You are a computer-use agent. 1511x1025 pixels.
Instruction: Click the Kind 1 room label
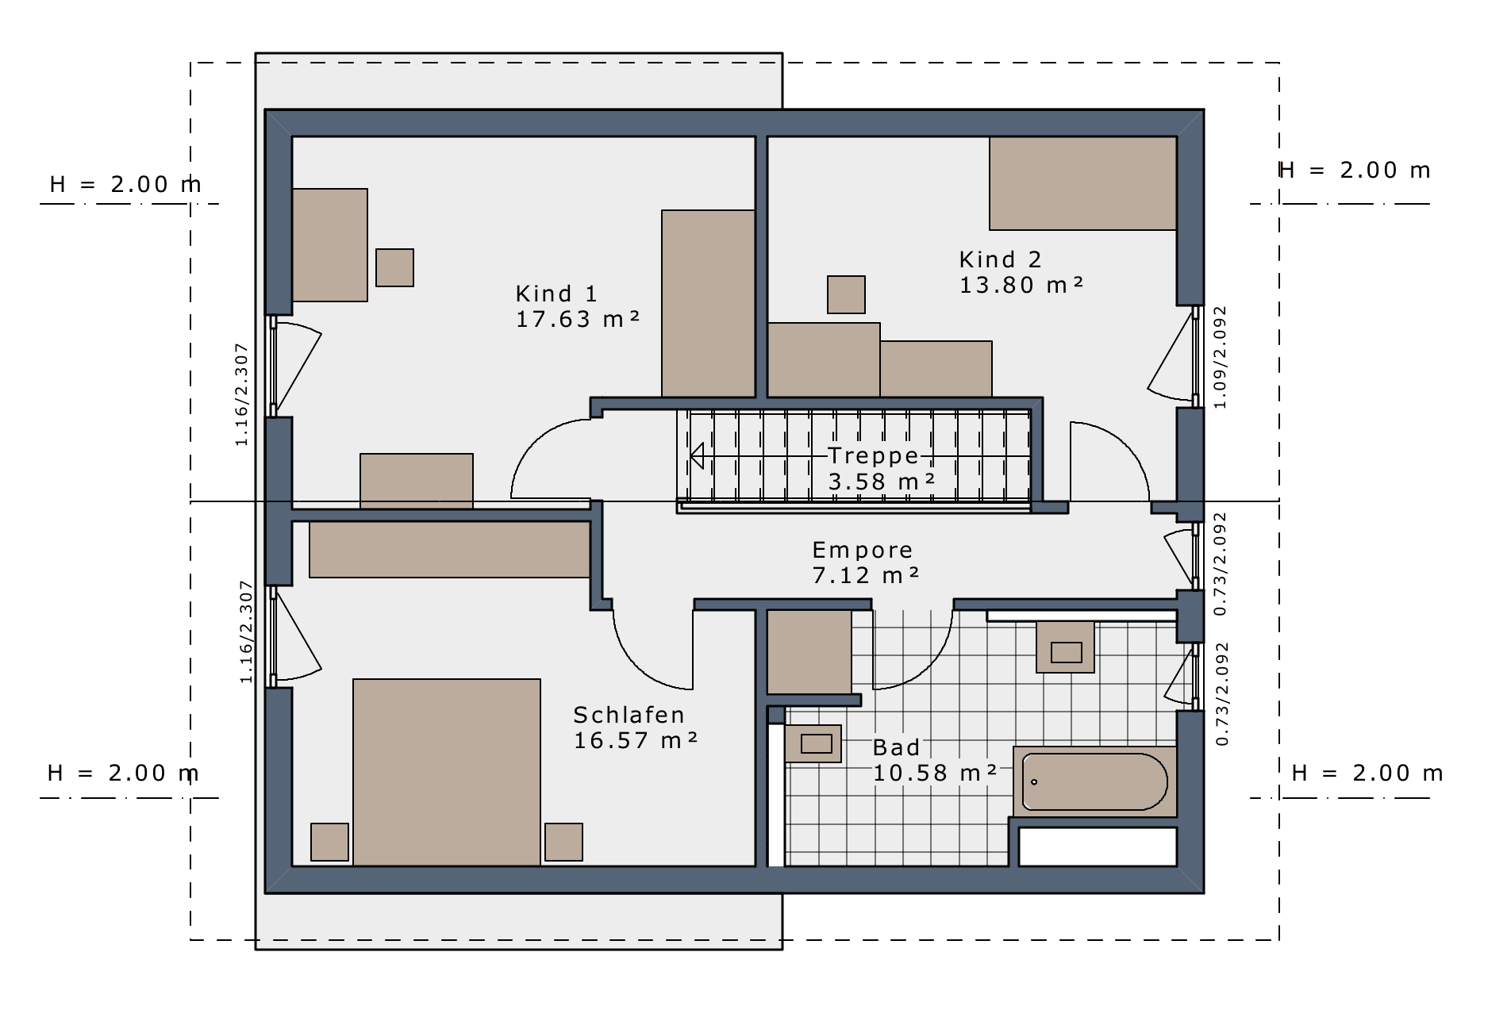tap(556, 294)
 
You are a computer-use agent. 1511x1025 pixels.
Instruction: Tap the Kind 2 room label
tap(1000, 259)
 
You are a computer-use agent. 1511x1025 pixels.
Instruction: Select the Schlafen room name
tap(629, 715)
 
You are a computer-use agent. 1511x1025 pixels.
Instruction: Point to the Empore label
tap(862, 550)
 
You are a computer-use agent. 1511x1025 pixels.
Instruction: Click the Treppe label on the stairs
tap(873, 455)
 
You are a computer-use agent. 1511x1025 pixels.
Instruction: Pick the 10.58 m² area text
tap(935, 772)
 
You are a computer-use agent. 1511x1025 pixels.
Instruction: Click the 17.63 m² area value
tap(578, 319)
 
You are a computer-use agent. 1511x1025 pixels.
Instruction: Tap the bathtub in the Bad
tap(1094, 781)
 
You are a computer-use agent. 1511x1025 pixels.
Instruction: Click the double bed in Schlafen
tap(447, 772)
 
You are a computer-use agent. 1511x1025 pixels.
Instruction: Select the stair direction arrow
tap(697, 456)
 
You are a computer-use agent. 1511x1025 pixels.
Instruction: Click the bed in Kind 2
tap(1082, 183)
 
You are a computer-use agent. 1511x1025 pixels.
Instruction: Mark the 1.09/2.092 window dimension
tap(1221, 357)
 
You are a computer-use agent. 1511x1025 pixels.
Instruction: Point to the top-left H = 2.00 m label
tap(125, 184)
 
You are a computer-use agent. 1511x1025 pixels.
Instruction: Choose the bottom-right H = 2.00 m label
tap(1367, 773)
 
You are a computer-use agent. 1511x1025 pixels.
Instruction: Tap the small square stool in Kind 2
tap(846, 294)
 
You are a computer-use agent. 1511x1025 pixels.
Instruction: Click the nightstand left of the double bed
tap(329, 842)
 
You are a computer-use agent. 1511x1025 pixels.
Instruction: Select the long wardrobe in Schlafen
tap(449, 550)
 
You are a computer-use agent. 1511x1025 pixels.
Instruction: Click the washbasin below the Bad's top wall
tap(1066, 647)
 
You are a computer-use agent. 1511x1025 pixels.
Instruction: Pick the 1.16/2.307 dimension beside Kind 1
tap(242, 394)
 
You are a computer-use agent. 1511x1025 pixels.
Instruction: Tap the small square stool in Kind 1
tap(394, 267)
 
